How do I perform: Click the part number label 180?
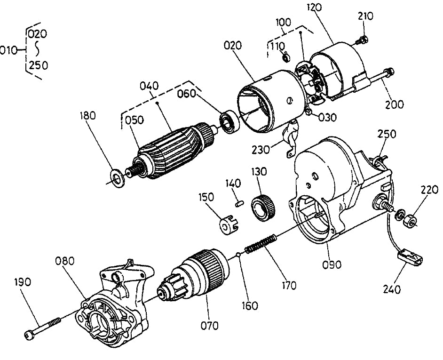88,115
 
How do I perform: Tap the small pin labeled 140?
239,203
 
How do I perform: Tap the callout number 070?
209,325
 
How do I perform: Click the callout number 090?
332,264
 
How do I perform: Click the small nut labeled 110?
285,58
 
